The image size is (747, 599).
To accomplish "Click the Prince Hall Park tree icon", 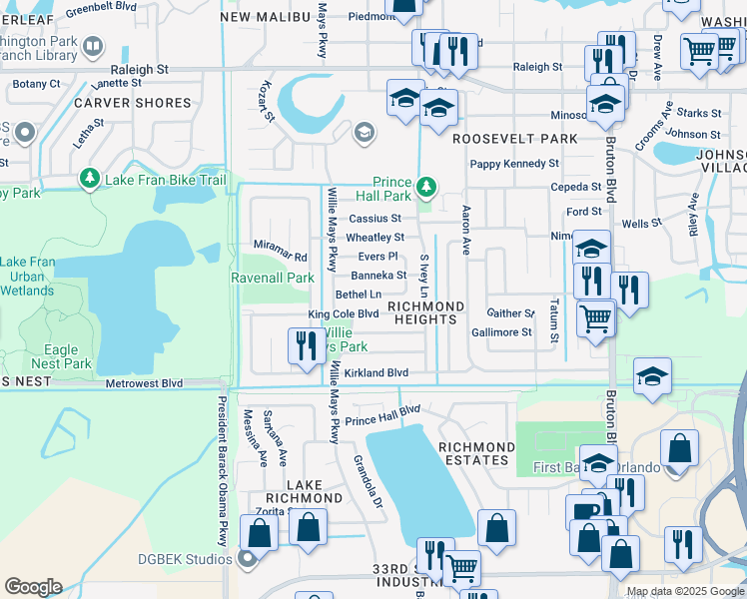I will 426,187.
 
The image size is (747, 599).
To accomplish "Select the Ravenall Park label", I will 273,278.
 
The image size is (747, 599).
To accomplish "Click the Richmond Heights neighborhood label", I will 425,311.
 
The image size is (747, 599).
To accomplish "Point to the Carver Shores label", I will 132,103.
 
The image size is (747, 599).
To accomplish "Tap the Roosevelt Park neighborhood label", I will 515,139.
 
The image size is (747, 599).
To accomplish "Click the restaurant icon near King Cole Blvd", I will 303,345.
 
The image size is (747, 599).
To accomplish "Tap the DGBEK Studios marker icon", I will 244,560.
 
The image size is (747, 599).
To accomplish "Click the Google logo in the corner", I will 33,587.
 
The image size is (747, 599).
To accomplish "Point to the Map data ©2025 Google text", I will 684,591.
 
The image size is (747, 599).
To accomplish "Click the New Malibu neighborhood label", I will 263,17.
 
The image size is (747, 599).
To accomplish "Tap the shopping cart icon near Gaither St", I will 595,318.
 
